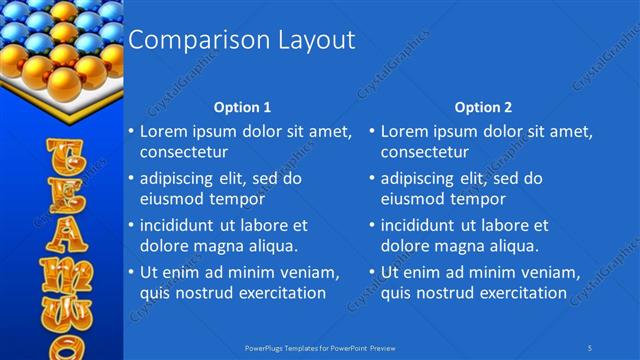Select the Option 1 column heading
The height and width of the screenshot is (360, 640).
pos(243,106)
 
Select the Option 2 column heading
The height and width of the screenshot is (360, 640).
pos(483,106)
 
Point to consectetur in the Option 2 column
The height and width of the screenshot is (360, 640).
pos(424,152)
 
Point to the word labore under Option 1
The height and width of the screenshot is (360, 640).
pos(263,225)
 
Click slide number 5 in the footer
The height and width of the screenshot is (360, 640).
pos(591,348)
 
